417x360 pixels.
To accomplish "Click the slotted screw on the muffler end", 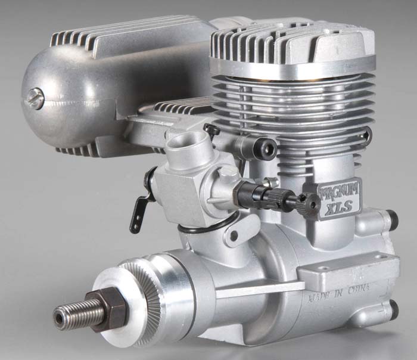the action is coord(36,98).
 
